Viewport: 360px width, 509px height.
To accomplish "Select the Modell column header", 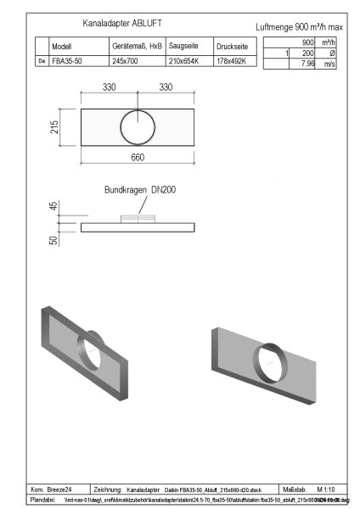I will point(62,48).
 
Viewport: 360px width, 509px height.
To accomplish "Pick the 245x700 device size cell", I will point(126,61).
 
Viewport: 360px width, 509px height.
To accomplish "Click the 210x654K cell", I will point(184,61).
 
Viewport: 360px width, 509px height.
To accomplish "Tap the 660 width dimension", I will point(139,159).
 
